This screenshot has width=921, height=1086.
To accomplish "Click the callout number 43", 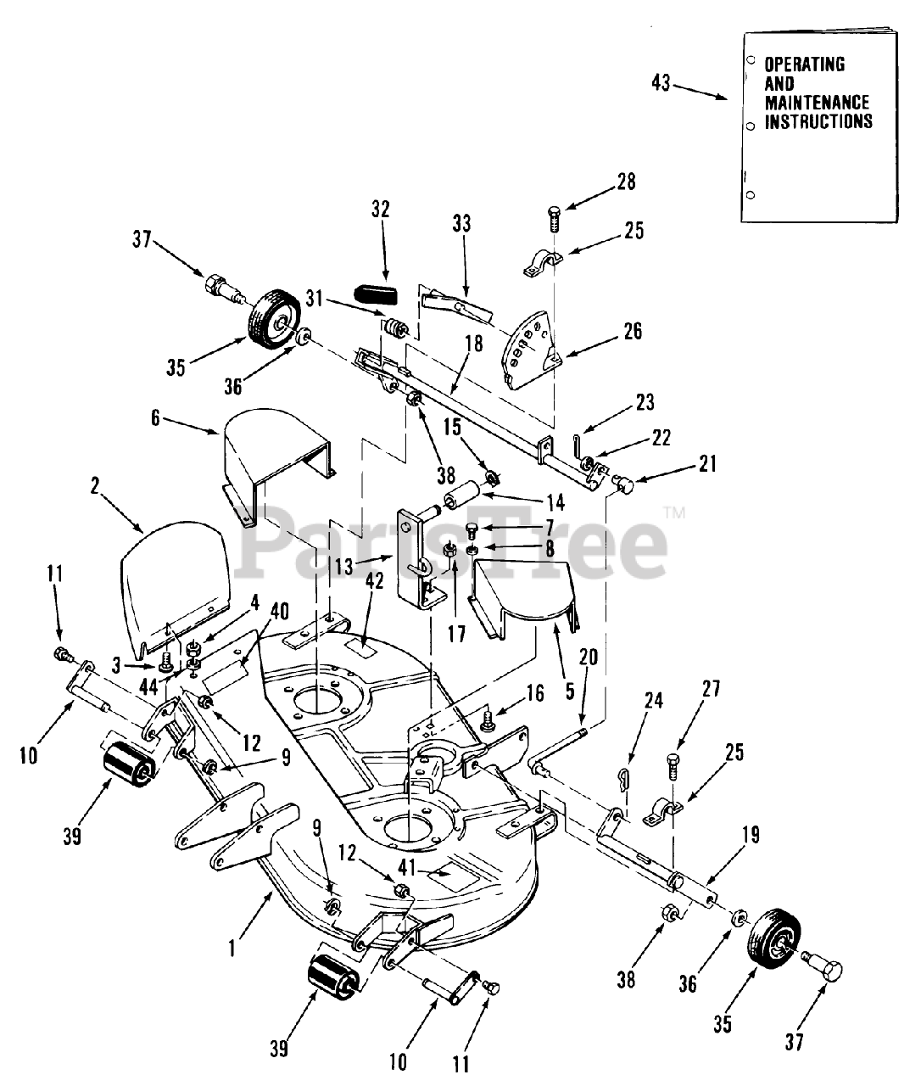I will coord(661,83).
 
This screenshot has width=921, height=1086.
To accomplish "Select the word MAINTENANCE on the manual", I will coord(805,103).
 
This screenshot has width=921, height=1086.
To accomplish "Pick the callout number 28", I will coord(626,181).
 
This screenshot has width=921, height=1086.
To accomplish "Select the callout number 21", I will coord(707,463).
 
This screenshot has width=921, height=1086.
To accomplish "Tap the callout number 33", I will coord(460,225).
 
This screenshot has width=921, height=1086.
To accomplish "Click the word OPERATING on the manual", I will coord(805,64).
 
